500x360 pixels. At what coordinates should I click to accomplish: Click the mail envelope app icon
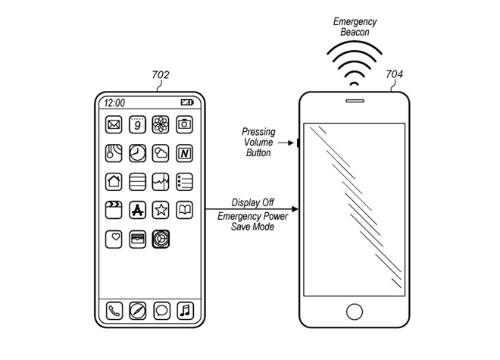click(x=114, y=124)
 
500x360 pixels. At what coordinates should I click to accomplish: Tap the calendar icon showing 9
click(x=137, y=124)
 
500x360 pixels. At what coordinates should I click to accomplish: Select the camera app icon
click(x=184, y=124)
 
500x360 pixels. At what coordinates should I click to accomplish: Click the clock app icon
click(x=137, y=153)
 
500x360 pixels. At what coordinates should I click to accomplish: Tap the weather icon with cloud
click(x=161, y=153)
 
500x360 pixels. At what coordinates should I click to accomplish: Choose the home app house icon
click(x=114, y=182)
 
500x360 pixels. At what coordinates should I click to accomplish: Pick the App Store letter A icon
click(x=137, y=210)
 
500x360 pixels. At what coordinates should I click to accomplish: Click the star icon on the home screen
click(x=161, y=210)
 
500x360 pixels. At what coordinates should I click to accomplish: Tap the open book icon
click(x=184, y=210)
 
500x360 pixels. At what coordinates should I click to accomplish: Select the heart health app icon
click(x=114, y=239)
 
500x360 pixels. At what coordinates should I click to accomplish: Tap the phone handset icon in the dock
click(x=114, y=311)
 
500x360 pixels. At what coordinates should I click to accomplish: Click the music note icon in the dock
click(x=186, y=311)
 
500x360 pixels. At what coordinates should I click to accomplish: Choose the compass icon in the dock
click(x=138, y=311)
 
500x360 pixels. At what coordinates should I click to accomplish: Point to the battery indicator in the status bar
click(x=187, y=102)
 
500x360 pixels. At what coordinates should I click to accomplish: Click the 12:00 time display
click(x=114, y=103)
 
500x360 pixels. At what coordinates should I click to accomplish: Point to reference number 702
click(x=161, y=75)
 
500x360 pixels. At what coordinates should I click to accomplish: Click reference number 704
click(x=395, y=74)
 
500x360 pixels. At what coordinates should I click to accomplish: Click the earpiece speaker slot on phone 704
click(x=355, y=101)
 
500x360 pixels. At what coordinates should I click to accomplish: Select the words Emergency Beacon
click(x=355, y=27)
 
